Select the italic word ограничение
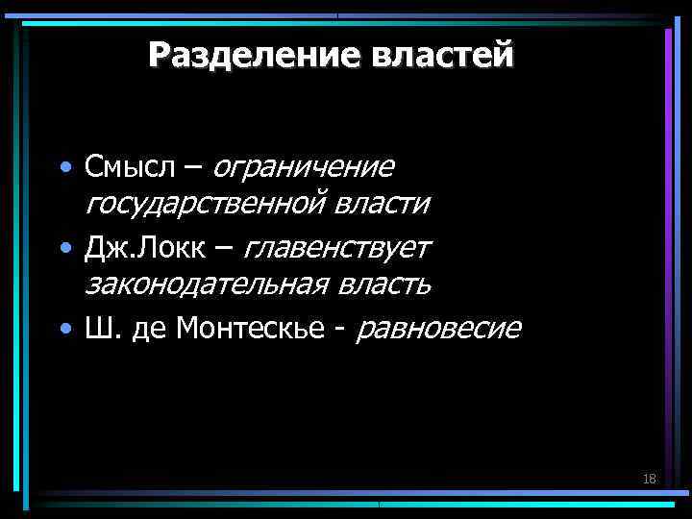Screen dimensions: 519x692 (304, 167)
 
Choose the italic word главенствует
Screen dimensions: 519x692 (338, 248)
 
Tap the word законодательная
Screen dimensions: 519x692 (208, 284)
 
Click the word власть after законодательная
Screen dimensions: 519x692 (383, 284)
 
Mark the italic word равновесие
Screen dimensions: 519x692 (439, 329)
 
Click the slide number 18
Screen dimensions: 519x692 (649, 479)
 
